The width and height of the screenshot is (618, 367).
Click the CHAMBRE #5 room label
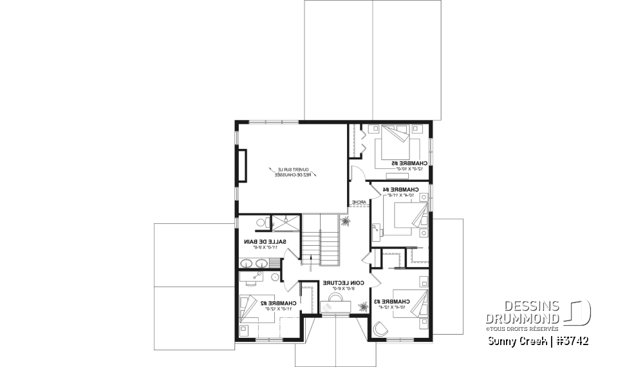(407, 164)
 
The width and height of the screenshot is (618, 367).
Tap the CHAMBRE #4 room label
(400, 189)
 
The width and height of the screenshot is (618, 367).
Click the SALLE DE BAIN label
(264, 241)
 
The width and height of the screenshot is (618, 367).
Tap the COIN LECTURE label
(344, 283)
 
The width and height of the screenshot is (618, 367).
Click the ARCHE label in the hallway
(358, 203)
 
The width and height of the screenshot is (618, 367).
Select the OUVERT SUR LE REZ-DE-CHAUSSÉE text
(294, 172)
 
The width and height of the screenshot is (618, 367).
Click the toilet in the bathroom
(260, 223)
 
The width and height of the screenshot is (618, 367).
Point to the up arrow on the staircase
(315, 259)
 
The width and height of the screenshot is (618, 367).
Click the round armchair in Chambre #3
(380, 329)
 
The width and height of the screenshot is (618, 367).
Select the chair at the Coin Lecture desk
(336, 299)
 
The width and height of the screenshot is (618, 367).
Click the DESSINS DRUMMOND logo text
(522, 312)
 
